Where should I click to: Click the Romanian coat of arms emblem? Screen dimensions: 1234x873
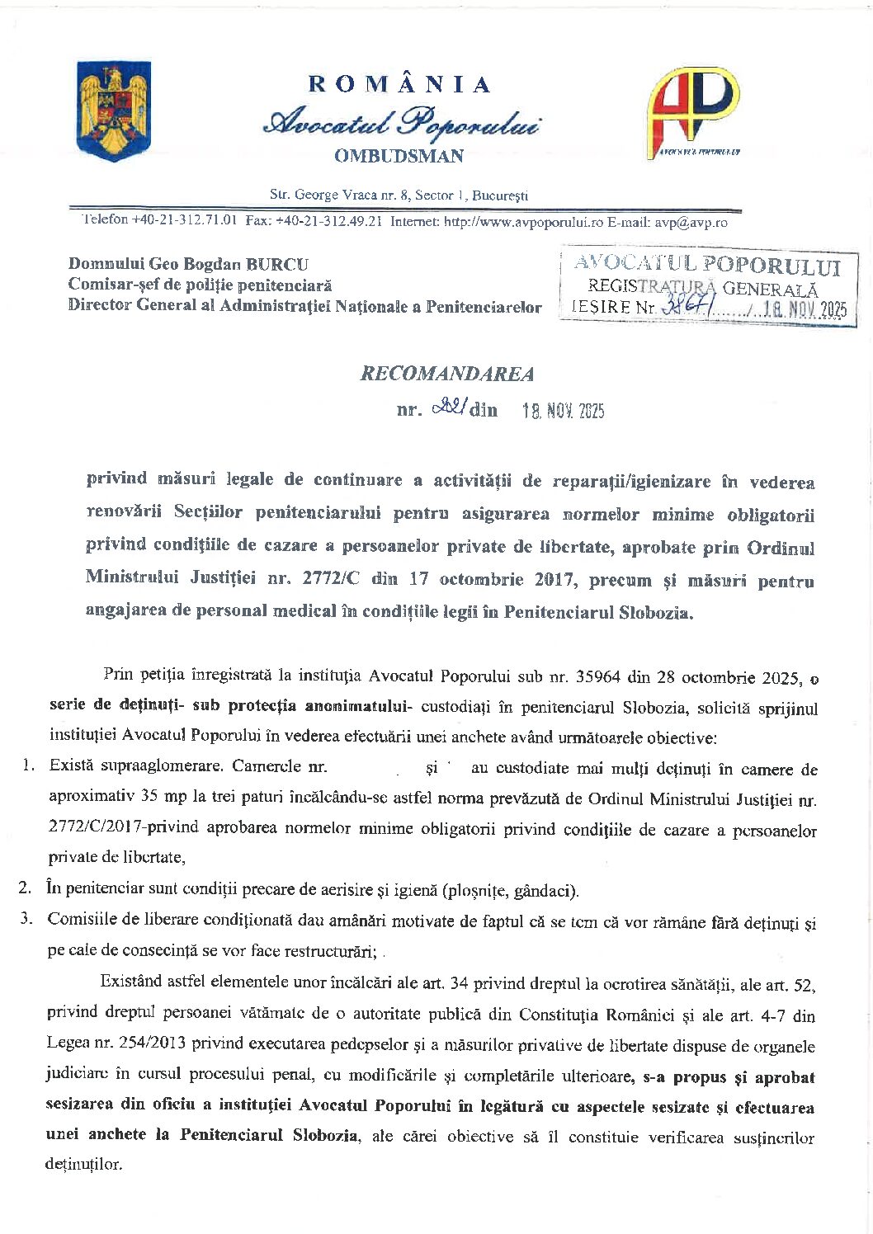pyautogui.click(x=114, y=111)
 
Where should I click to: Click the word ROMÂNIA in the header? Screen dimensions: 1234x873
pyautogui.click(x=400, y=84)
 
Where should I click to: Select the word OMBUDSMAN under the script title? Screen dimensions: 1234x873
pyautogui.click(x=399, y=156)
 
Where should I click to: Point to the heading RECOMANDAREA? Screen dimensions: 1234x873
pyautogui.click(x=447, y=374)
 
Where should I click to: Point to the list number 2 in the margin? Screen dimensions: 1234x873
pyautogui.click(x=26, y=888)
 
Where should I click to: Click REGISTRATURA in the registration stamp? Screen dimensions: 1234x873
pyautogui.click(x=652, y=287)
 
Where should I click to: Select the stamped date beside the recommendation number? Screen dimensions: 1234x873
pyautogui.click(x=564, y=410)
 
